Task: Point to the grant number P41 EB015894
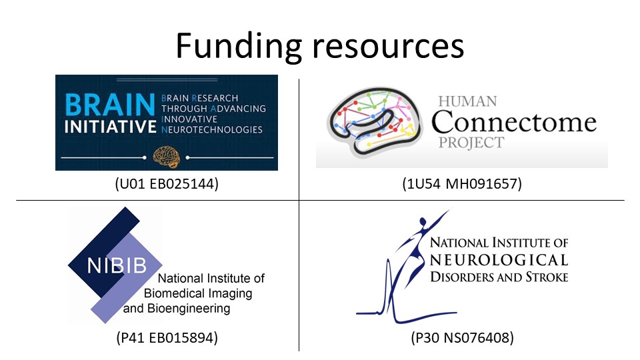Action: [166, 338]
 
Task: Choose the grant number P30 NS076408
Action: [462, 338]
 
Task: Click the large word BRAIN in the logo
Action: [107, 105]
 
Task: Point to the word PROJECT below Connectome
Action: [471, 143]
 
